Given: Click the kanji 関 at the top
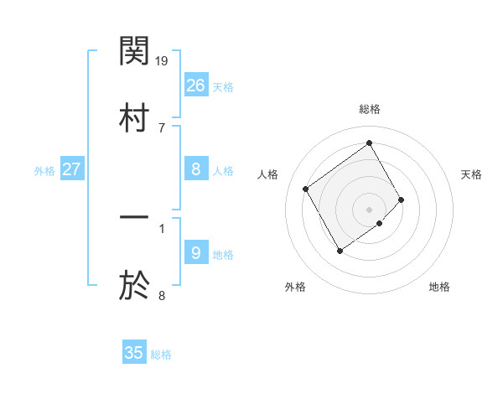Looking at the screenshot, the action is click(x=134, y=52).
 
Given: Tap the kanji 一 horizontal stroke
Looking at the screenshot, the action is click(x=134, y=219).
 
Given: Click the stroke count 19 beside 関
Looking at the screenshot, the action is click(x=163, y=60).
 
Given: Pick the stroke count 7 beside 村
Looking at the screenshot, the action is click(x=162, y=127).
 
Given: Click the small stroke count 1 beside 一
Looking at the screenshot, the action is click(x=162, y=226).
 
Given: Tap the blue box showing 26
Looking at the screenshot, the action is click(x=196, y=85).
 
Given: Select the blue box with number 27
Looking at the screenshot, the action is click(x=72, y=169).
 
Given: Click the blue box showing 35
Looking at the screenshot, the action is click(x=134, y=353).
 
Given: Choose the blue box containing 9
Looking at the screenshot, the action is click(x=196, y=252).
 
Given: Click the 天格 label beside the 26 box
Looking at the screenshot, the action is click(x=223, y=86).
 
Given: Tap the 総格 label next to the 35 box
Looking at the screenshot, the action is click(x=161, y=355).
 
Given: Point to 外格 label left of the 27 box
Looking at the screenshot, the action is click(x=44, y=171).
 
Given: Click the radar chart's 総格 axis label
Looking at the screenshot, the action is click(x=370, y=109).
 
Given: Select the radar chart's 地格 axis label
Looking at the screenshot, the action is click(x=439, y=287).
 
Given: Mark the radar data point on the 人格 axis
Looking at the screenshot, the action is click(x=306, y=189).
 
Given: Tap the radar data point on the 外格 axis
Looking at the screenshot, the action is click(x=340, y=251).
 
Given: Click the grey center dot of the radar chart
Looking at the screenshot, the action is click(x=370, y=209).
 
